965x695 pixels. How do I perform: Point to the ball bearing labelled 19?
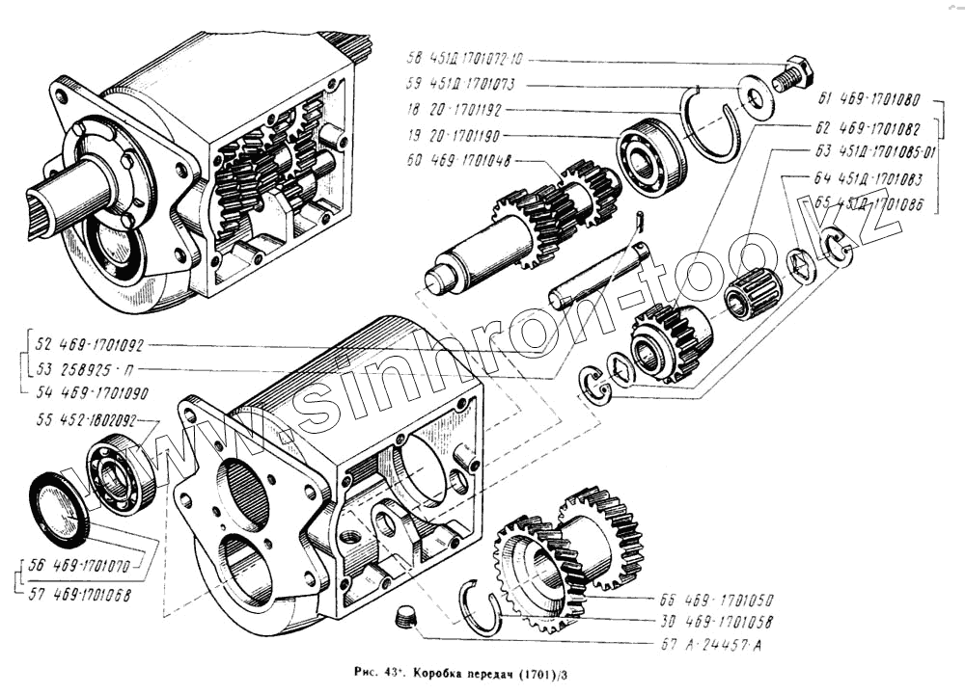click(x=652, y=154)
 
